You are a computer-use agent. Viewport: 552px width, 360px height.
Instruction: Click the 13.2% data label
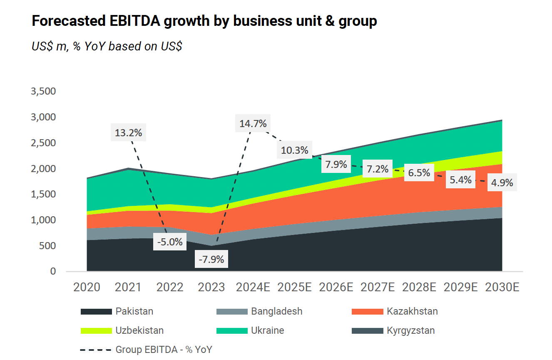click(x=128, y=133)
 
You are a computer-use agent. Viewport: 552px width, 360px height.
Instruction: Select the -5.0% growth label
click(x=170, y=242)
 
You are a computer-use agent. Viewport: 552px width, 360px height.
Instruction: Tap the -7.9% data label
click(x=211, y=260)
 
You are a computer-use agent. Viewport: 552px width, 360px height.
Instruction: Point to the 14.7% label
click(x=253, y=123)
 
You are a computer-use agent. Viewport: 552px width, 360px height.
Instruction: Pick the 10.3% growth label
click(x=294, y=150)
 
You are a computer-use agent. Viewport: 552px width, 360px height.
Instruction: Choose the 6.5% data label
click(x=419, y=172)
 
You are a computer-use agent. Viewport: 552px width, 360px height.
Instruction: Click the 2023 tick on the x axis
click(x=211, y=287)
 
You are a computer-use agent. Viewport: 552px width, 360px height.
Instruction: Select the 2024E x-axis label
click(x=253, y=287)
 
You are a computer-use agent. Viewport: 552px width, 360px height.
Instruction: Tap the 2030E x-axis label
click(x=502, y=287)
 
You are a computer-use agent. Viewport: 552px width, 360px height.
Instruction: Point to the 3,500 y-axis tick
click(x=43, y=91)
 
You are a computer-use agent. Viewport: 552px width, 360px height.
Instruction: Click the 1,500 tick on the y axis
click(x=43, y=194)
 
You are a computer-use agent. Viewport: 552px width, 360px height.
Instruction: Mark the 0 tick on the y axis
click(x=53, y=271)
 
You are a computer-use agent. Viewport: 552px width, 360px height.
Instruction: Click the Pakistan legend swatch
click(x=96, y=312)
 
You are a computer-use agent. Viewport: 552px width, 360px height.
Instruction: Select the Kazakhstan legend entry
click(x=412, y=311)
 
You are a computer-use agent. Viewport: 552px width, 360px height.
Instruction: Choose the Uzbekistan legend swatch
click(x=96, y=331)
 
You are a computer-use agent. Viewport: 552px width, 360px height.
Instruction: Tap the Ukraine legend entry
click(x=267, y=330)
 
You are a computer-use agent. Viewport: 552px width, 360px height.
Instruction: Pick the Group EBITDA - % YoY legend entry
click(x=164, y=350)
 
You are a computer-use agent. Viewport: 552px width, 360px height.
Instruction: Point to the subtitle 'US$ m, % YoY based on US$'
click(x=107, y=46)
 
